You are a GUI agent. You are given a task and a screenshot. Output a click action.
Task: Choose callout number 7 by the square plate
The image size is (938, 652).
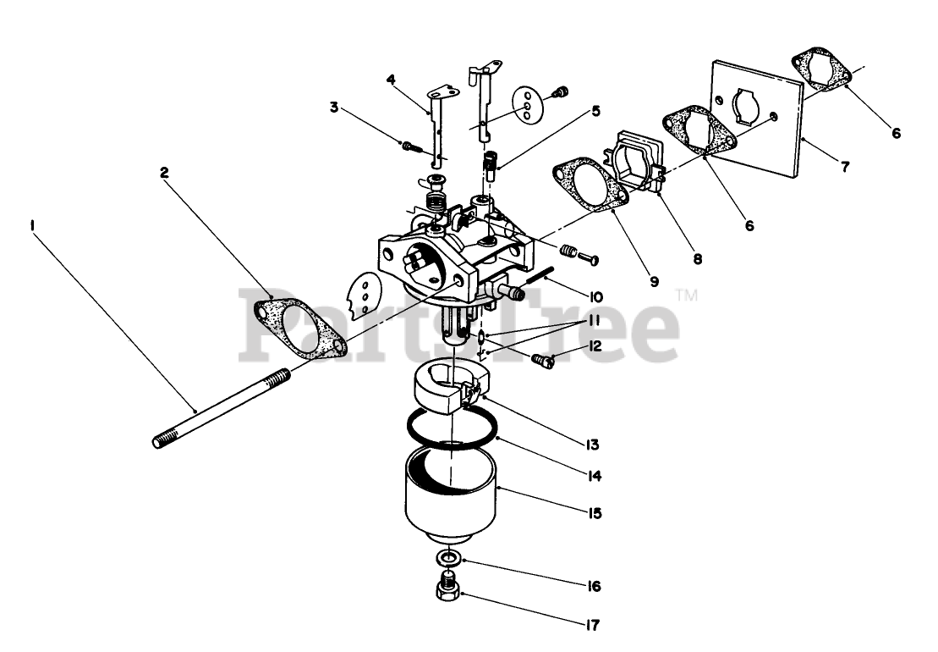pyautogui.click(x=845, y=166)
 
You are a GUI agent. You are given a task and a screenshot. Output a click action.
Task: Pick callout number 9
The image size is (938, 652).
pyautogui.click(x=654, y=282)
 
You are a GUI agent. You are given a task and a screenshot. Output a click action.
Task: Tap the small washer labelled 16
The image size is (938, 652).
pyautogui.click(x=449, y=559)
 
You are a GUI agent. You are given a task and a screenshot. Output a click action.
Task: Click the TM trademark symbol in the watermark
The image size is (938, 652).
pyautogui.click(x=686, y=296)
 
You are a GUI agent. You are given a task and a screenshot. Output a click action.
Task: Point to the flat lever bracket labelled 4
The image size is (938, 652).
pyautogui.click(x=435, y=127)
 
